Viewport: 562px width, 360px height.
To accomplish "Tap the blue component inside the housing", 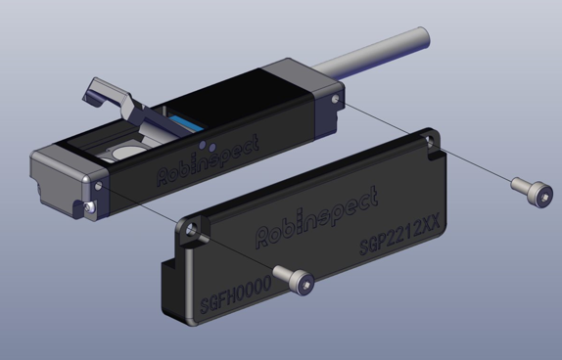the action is [x=185, y=123].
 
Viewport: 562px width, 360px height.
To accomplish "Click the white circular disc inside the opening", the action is [x=125, y=153].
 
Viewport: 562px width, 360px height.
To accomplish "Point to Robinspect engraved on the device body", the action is [x=208, y=159].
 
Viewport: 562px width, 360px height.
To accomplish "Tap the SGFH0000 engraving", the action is [x=236, y=294].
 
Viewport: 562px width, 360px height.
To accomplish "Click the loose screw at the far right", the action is [x=532, y=192].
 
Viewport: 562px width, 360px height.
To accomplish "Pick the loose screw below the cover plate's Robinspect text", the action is [x=294, y=280].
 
